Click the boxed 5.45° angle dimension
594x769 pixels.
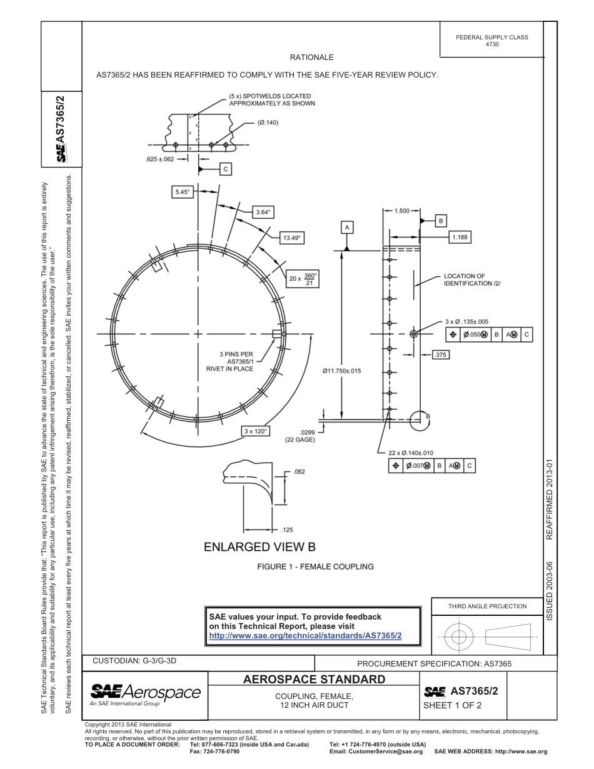point(181,192)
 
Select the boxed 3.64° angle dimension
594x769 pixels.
point(263,212)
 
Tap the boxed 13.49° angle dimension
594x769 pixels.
point(291,238)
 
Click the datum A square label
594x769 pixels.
point(347,226)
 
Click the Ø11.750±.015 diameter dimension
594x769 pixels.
point(341,371)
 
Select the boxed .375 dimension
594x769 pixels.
point(441,354)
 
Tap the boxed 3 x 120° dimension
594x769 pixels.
point(256,431)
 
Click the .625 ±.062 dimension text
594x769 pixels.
point(160,159)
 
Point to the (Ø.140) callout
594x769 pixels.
point(268,123)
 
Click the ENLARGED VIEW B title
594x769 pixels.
point(259,547)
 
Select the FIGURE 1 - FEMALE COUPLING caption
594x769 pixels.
point(316,566)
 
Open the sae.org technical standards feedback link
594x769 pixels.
point(305,635)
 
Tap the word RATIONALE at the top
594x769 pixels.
point(311,58)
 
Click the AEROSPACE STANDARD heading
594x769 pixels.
point(314,680)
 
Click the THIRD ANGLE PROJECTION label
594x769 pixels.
point(487,606)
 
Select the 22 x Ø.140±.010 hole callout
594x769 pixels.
point(411,453)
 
